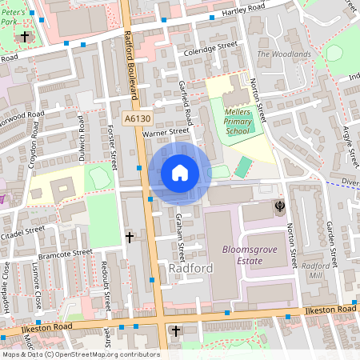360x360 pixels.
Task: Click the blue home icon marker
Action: [x=180, y=173]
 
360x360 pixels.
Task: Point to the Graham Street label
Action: [x=181, y=233]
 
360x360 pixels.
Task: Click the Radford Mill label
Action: [x=316, y=270]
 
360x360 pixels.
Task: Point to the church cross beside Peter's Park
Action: [x=25, y=37]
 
